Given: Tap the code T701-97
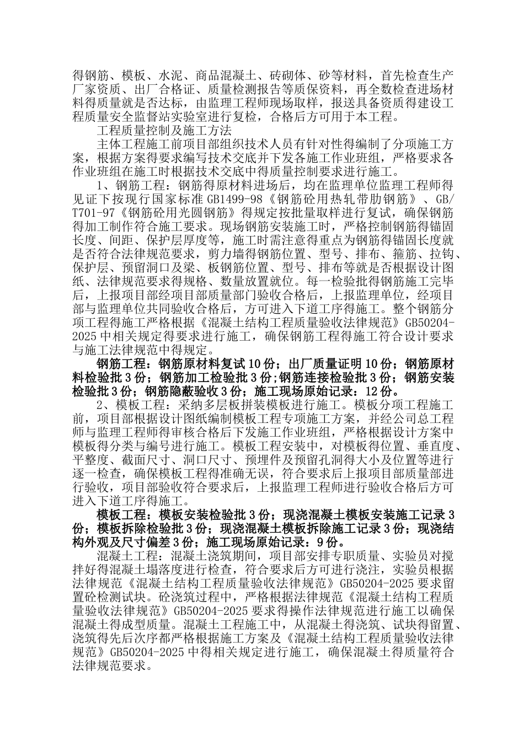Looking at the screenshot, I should click(x=93, y=227).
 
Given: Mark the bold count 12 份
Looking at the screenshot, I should click(x=380, y=391).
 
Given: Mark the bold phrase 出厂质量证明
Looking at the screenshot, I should click(x=325, y=364).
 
